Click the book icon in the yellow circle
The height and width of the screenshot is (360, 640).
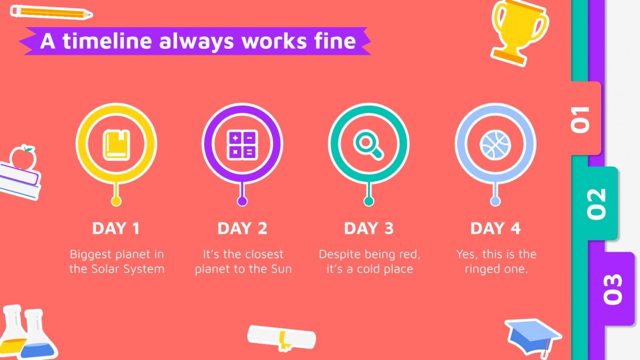pyautogui.click(x=116, y=145)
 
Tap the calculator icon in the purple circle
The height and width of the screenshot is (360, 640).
pyautogui.click(x=242, y=145)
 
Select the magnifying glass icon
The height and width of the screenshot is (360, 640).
pyautogui.click(x=368, y=145)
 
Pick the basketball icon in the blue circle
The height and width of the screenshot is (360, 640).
pyautogui.click(x=495, y=145)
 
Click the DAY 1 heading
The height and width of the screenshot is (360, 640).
pyautogui.click(x=116, y=228)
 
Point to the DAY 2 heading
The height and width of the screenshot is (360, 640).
pyautogui.click(x=242, y=228)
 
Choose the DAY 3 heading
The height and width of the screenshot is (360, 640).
pyautogui.click(x=368, y=228)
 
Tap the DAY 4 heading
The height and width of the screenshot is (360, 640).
pyautogui.click(x=495, y=228)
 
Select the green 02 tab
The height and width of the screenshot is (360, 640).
pyautogui.click(x=597, y=203)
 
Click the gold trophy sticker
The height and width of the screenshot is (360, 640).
pyautogui.click(x=518, y=31)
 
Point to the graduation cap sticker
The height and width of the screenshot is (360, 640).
pyautogui.click(x=532, y=336)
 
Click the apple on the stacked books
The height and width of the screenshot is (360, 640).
pyautogui.click(x=23, y=157)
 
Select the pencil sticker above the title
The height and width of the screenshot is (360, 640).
pyautogui.click(x=51, y=12)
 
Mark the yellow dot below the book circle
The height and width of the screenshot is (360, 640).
pyautogui.click(x=116, y=201)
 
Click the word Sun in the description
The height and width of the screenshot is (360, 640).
pyautogui.click(x=280, y=269)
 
